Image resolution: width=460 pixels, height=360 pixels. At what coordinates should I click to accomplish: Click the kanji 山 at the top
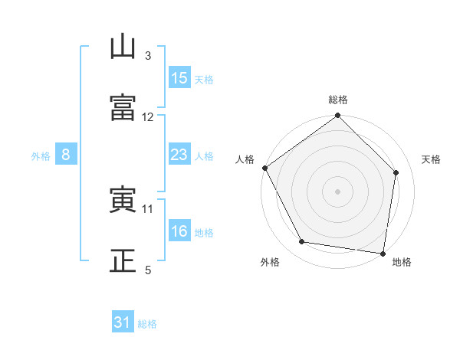[123, 46]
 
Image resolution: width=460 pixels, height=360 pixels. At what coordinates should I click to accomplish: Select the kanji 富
[123, 107]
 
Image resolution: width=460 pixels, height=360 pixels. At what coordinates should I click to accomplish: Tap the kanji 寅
[123, 199]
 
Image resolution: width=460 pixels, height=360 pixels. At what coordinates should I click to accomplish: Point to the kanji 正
[123, 260]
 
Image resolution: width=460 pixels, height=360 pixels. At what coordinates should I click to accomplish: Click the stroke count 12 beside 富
[147, 117]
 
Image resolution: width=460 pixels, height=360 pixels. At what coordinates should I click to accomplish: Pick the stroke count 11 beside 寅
[147, 209]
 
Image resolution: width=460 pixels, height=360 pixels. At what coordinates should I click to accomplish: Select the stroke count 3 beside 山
[148, 56]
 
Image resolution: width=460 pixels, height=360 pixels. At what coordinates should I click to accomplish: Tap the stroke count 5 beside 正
[148, 270]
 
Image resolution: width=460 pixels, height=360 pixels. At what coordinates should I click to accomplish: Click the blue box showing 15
[179, 77]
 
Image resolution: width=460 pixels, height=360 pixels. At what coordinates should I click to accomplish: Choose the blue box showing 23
[179, 154]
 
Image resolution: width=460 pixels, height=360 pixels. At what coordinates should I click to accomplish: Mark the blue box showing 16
[179, 230]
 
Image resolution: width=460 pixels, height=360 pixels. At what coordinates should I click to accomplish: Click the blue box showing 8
[66, 154]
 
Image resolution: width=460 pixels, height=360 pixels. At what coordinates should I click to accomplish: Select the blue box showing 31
[123, 321]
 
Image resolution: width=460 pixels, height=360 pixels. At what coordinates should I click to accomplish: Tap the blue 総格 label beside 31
[147, 324]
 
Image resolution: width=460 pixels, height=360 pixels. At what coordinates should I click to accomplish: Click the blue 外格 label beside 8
[41, 156]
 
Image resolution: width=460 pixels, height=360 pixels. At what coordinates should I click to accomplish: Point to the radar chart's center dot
[337, 191]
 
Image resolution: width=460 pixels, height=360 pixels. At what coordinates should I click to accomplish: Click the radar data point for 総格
[337, 115]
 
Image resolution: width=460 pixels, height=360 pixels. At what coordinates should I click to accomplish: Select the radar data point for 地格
[383, 254]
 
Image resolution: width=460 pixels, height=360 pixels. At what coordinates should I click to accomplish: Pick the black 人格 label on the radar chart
[245, 159]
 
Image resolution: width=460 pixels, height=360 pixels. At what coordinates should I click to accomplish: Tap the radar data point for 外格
[302, 241]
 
